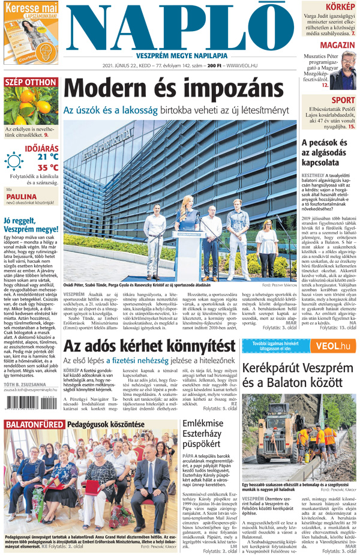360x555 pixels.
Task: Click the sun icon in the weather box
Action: pos(14,161)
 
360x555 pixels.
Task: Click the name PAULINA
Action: pos(22,196)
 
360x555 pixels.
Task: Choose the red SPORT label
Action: pos(343,100)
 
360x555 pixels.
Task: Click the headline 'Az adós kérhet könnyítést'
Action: pos(149,346)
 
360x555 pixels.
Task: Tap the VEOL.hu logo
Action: pos(333,346)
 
